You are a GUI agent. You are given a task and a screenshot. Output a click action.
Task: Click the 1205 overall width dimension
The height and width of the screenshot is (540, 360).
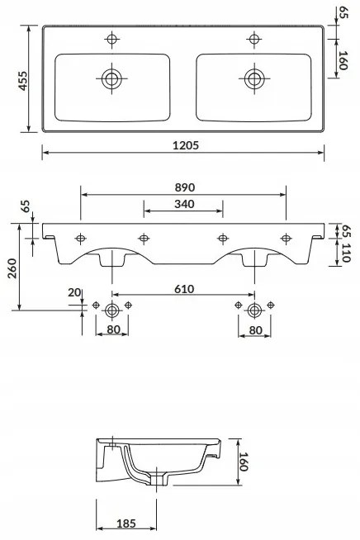pyautogui.click(x=186, y=145)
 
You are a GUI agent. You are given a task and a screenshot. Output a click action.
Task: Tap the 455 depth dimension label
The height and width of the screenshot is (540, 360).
pyautogui.click(x=23, y=81)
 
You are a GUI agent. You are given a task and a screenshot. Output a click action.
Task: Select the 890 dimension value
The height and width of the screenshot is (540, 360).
pyautogui.click(x=185, y=187)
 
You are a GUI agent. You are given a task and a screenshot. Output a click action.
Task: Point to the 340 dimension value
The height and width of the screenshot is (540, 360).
pyautogui.click(x=184, y=204)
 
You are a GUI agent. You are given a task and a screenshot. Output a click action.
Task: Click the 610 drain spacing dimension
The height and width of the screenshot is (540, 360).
pyautogui.click(x=184, y=289)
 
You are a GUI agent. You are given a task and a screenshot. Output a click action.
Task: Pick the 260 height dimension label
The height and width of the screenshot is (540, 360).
pyautogui.click(x=12, y=268)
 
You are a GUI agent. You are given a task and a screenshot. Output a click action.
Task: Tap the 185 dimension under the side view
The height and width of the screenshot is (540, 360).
pyautogui.click(x=126, y=523)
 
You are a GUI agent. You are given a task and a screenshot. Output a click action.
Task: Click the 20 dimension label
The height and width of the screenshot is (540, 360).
pyautogui.click(x=74, y=292)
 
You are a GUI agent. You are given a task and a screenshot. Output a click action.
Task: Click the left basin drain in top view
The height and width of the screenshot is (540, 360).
pyautogui.click(x=111, y=78)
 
